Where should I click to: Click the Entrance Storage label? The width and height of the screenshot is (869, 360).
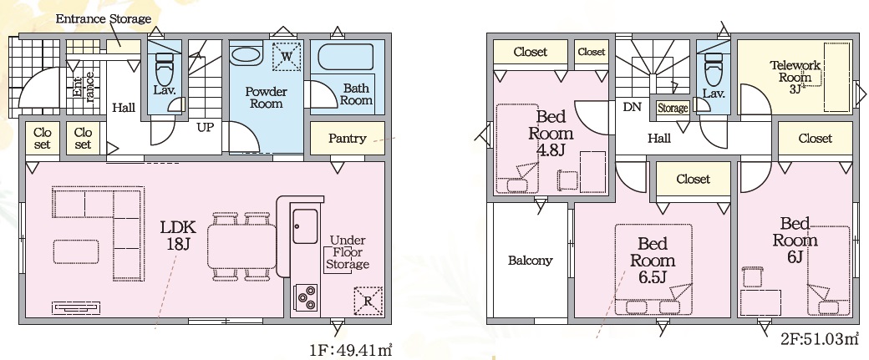[103, 19]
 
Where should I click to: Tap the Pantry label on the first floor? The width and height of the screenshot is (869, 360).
[347, 138]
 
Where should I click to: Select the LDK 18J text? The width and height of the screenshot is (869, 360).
[178, 236]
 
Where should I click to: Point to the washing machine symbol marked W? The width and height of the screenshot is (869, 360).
[286, 57]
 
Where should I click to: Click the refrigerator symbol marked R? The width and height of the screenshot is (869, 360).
[368, 301]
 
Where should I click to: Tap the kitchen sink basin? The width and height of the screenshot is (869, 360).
[305, 226]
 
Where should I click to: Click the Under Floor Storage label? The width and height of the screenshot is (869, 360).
[347, 252]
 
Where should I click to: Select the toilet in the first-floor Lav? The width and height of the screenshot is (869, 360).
[165, 67]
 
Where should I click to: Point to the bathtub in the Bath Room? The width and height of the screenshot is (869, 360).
[345, 57]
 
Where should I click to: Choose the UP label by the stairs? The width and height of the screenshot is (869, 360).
[205, 127]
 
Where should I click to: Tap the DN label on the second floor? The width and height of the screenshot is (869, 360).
[633, 107]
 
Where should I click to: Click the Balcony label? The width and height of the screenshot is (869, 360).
[531, 261]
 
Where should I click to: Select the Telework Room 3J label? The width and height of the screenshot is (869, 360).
[795, 77]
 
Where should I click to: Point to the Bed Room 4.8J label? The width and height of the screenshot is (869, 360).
[551, 133]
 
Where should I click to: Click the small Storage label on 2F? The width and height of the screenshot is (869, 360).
[673, 109]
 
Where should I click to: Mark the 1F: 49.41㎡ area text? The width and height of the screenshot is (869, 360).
[351, 351]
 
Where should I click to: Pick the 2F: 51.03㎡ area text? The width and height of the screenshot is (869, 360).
[820, 338]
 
